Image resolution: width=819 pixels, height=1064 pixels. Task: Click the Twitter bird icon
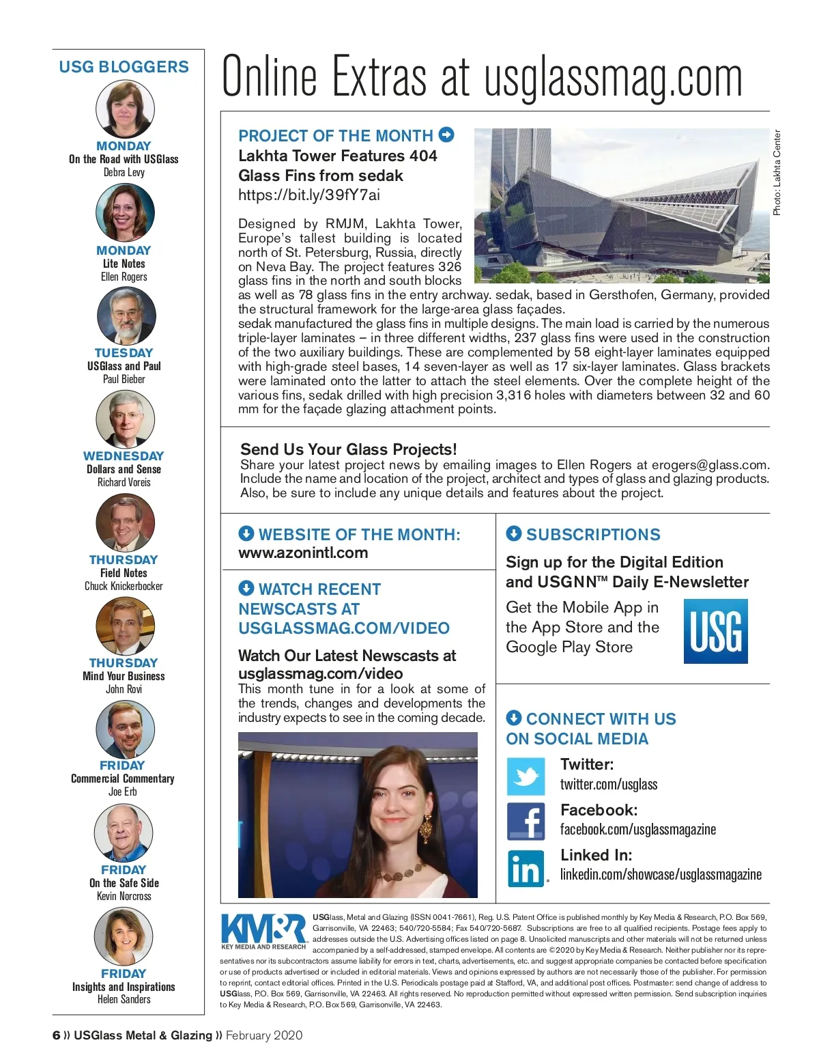click(x=526, y=776)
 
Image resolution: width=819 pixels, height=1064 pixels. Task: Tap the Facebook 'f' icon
click(x=526, y=822)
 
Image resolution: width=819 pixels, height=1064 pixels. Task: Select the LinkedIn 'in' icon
click(x=526, y=867)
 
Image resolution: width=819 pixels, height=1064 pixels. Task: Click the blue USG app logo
click(x=715, y=631)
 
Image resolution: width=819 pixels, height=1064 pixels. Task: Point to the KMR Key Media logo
click(x=263, y=930)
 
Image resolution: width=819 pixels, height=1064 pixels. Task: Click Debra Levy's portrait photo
click(x=125, y=109)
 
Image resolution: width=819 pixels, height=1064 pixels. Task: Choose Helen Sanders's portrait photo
click(x=124, y=936)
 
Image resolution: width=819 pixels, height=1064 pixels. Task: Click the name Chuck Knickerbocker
click(x=124, y=586)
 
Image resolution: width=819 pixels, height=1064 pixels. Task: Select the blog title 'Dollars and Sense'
click(x=124, y=469)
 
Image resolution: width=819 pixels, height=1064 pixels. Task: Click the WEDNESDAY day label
click(x=124, y=456)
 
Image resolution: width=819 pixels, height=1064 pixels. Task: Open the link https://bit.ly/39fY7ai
click(x=309, y=195)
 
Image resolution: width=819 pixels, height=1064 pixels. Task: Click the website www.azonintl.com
click(x=303, y=553)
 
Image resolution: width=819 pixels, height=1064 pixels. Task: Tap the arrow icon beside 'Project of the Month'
click(x=446, y=135)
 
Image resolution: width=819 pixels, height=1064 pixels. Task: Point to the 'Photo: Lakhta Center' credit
click(x=777, y=173)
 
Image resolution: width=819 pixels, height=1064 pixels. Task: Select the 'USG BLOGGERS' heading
click(x=124, y=67)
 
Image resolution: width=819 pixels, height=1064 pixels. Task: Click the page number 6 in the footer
click(x=56, y=1035)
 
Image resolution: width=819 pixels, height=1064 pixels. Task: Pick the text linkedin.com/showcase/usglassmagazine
click(x=661, y=874)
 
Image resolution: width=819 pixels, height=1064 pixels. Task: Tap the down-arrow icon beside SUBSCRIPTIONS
click(x=514, y=533)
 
